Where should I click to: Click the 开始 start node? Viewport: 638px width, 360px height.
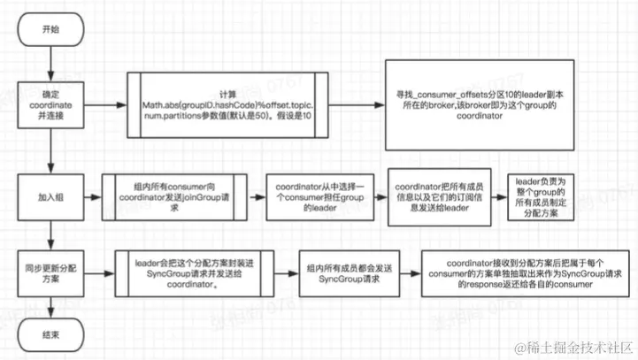pos(50,29)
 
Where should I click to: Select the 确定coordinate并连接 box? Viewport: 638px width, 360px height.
pos(50,105)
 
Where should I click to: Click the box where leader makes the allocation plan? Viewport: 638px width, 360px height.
pos(542,195)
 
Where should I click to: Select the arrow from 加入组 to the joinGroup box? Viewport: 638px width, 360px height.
pos(94,195)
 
